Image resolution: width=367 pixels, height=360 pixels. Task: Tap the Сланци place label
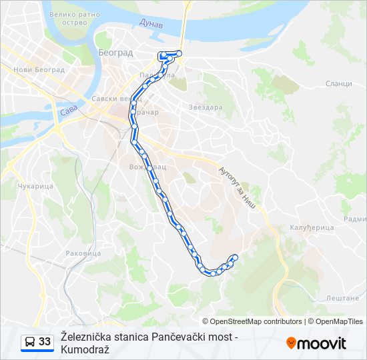pos(339,83)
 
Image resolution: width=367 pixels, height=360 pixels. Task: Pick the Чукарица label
pos(35,186)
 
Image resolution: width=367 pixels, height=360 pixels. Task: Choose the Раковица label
pos(83,253)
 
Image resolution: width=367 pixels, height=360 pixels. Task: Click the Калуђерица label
pos(312,227)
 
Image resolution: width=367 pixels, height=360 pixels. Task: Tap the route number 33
pos(45,342)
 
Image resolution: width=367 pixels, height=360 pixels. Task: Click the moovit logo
pos(316,343)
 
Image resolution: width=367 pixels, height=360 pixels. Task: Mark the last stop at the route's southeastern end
pos(234,257)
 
